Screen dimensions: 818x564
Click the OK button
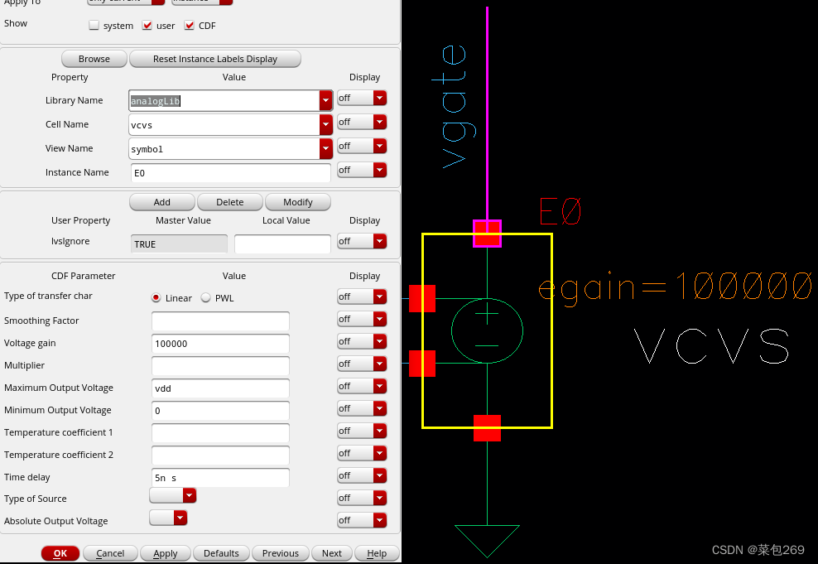click(60, 553)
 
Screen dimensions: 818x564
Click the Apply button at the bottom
click(166, 553)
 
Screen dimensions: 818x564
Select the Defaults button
click(221, 553)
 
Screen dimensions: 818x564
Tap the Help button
click(377, 553)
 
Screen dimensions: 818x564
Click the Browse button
click(94, 59)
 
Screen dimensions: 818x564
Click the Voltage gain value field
click(220, 343)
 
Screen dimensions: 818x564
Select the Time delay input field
click(220, 477)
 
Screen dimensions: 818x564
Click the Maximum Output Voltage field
click(220, 388)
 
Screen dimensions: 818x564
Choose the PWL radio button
click(206, 298)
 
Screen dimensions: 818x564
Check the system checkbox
click(94, 26)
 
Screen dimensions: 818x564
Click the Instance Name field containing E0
click(231, 172)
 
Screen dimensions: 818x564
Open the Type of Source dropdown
click(173, 495)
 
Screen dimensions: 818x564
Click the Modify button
click(298, 202)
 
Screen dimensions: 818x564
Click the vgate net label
click(455, 107)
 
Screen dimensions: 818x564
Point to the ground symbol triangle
click(487, 538)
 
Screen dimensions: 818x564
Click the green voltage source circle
click(487, 330)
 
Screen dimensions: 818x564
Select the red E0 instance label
click(561, 212)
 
